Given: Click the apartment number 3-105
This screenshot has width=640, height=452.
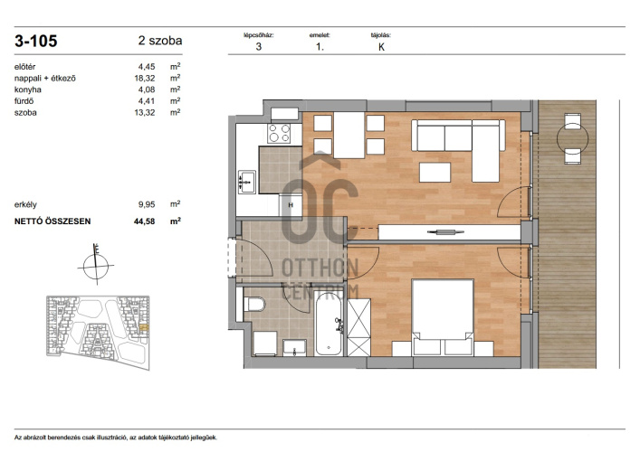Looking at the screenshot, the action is [x=36, y=42].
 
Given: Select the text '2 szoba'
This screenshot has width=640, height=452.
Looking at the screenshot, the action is [x=160, y=41].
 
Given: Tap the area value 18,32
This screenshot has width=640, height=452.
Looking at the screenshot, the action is [x=145, y=78].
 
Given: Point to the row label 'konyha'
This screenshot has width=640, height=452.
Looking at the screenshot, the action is [x=28, y=89].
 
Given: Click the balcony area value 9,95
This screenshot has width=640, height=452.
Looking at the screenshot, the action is [x=147, y=204].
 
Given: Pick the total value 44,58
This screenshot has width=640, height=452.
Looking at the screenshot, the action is [x=145, y=221].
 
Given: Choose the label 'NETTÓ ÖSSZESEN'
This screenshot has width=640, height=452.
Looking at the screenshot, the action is [x=53, y=221].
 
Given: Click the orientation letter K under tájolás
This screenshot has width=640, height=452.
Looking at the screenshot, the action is [x=381, y=47].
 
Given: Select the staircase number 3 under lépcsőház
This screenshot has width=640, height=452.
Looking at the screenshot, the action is [x=258, y=46].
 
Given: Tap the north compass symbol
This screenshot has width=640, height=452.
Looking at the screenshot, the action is [x=96, y=265].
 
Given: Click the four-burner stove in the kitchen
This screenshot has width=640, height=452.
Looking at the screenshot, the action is [x=279, y=133].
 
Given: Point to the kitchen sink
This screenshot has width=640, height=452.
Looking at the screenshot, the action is [x=247, y=182].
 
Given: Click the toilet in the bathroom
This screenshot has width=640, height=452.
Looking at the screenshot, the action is [x=254, y=304].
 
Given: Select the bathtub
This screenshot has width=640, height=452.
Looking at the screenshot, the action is [x=329, y=324].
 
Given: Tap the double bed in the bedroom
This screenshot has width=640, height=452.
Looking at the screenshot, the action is [x=443, y=316].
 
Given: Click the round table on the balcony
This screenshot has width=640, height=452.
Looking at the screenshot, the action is [x=573, y=138].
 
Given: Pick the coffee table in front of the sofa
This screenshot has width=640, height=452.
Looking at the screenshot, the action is [x=435, y=173].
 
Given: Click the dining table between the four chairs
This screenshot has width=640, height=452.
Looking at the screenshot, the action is [x=349, y=135].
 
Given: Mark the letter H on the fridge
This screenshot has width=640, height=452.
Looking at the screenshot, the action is [x=291, y=205].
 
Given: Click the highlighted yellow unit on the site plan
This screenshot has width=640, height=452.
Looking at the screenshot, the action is [x=144, y=327].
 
